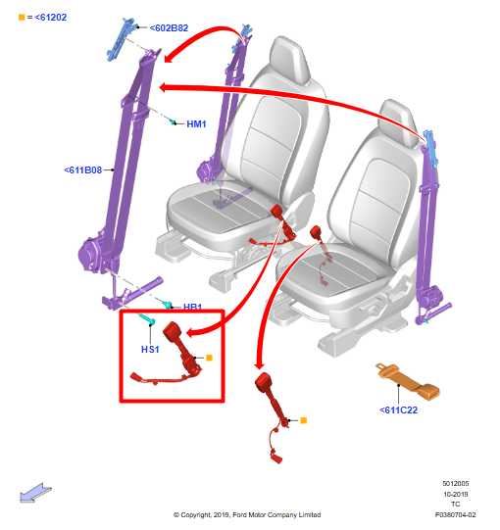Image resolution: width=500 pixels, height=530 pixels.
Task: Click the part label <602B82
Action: (169, 27)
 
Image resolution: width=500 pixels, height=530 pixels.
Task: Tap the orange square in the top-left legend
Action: (22, 18)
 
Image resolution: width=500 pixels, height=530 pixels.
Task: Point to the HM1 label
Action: (196, 124)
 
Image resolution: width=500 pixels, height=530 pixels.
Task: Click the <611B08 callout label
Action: (83, 170)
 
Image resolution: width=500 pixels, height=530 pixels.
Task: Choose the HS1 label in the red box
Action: (150, 349)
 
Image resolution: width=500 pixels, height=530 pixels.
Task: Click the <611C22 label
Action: (398, 410)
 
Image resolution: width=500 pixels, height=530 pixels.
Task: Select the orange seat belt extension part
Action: (408, 381)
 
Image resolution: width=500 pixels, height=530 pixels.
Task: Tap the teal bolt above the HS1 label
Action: (147, 319)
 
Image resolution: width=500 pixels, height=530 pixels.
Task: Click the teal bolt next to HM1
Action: (173, 121)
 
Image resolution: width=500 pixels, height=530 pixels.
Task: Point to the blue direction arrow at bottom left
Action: (35, 493)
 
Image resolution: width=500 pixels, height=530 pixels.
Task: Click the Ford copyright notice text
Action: (247, 514)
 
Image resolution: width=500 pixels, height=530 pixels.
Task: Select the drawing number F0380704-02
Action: (455, 514)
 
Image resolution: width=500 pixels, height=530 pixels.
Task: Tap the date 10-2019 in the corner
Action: (456, 494)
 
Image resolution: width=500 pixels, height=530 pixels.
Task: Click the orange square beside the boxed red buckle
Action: (209, 358)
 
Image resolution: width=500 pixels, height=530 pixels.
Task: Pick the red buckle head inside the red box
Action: (173, 329)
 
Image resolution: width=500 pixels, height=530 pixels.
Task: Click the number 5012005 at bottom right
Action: (456, 484)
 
